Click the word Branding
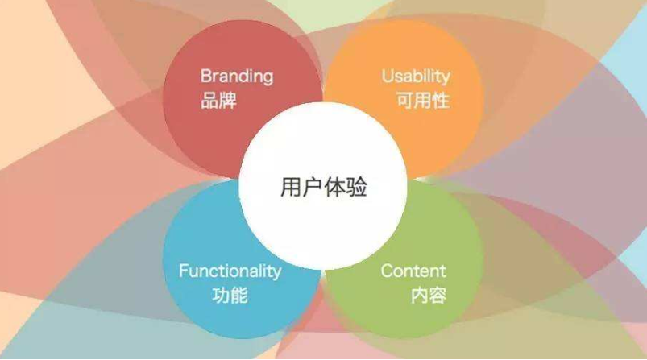(237, 77)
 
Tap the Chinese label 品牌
(218, 100)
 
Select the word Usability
(416, 77)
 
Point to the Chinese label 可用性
(423, 100)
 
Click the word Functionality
(230, 271)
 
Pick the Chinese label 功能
(230, 296)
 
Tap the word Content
(413, 271)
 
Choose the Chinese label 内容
(429, 296)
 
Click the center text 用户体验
(324, 187)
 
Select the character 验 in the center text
(357, 187)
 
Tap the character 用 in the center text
(291, 187)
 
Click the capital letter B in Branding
(206, 76)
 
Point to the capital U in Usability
(388, 76)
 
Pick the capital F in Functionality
(184, 271)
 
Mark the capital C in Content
(387, 271)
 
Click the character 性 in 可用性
(441, 100)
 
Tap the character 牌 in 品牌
(228, 100)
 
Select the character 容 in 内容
(438, 296)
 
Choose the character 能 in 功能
(239, 296)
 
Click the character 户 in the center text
(313, 187)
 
